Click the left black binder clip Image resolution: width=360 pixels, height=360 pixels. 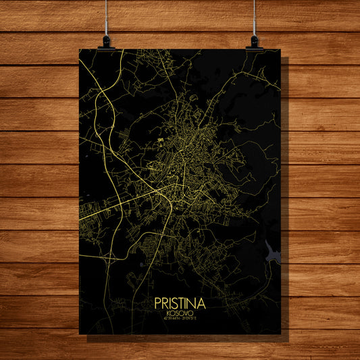pos(106,42)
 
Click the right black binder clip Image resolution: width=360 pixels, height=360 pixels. pos(255,42)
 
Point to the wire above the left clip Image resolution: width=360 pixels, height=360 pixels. pos(106,17)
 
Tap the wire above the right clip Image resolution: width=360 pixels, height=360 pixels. pos(255,17)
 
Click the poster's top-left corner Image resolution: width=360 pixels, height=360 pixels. pos(80,49)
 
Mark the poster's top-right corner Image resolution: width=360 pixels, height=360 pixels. pos(280,49)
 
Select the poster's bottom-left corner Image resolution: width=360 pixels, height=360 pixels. pos(80,333)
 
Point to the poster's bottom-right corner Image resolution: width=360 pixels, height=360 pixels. pos(280,333)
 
